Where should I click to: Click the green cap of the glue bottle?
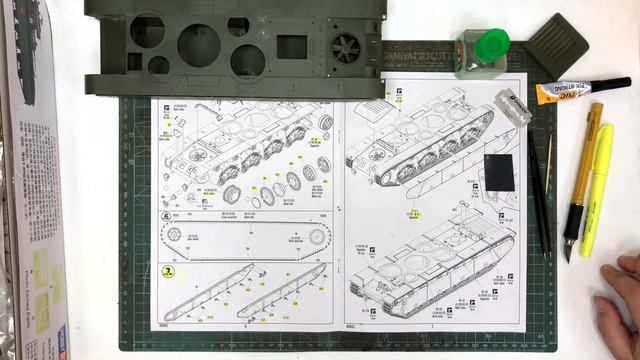pos(491,43)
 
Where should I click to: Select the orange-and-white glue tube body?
pos(561,93)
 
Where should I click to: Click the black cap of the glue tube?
pos(609,84)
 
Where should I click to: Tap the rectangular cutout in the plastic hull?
pos(290,47)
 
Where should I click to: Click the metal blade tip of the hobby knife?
pos(568,250)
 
